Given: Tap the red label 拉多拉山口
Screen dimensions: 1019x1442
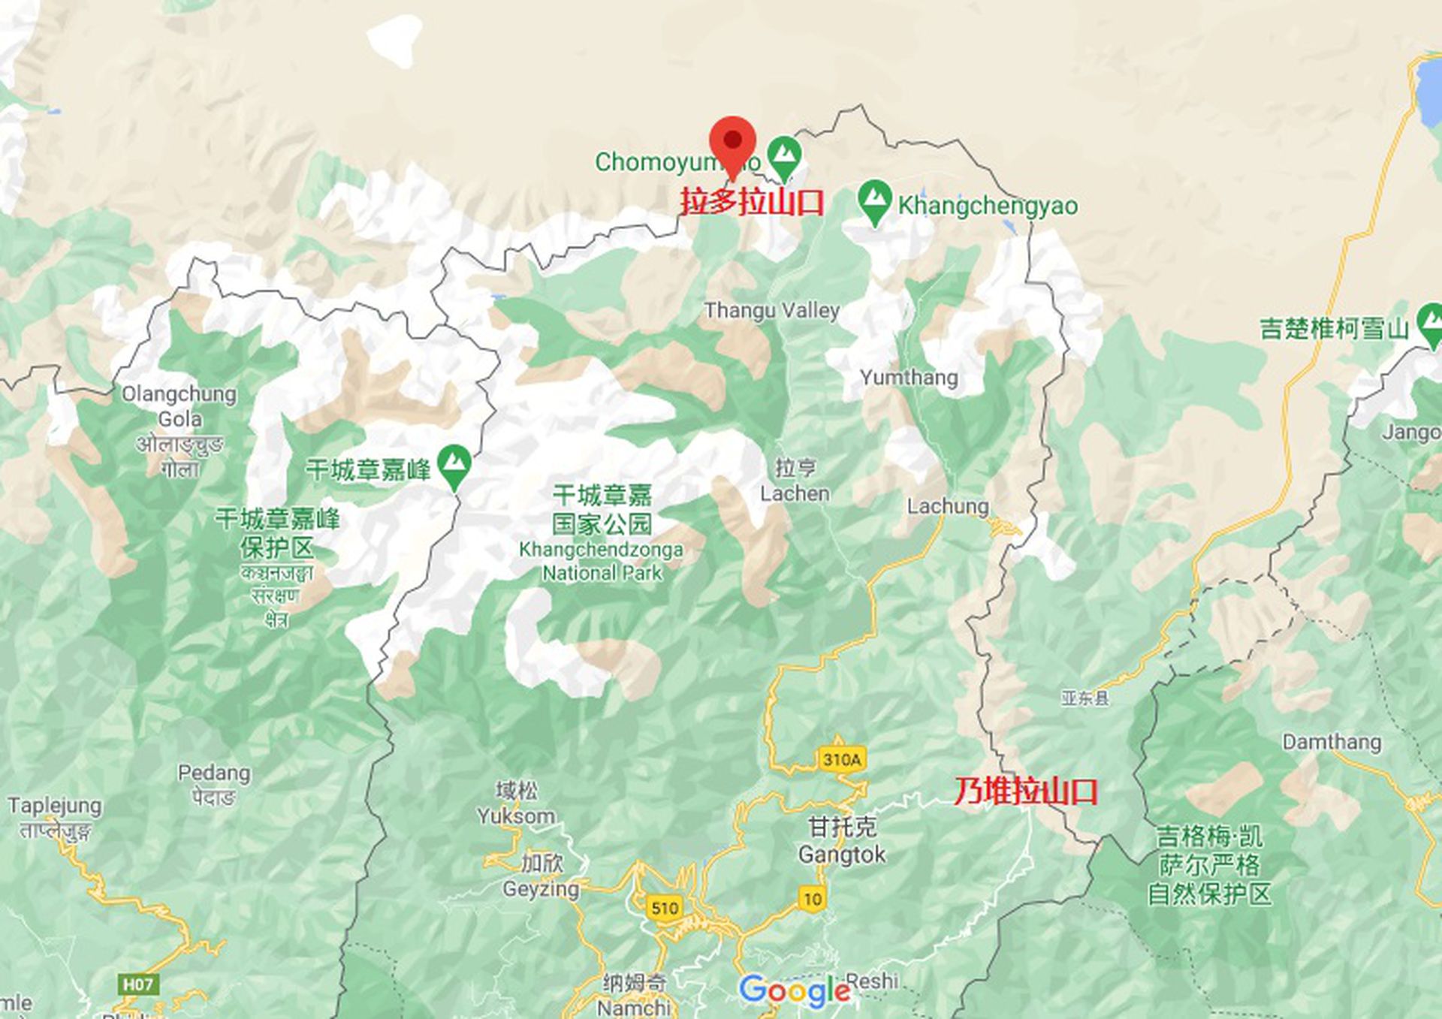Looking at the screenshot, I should [x=752, y=202].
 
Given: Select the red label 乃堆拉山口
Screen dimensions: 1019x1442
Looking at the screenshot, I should [x=1026, y=791].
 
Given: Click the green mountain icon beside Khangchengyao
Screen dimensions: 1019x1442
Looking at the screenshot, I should [x=874, y=200].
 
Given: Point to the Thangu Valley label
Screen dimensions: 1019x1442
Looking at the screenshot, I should [x=772, y=310].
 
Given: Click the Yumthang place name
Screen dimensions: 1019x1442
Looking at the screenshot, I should [x=909, y=377].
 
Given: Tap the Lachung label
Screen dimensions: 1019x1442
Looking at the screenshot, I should [x=948, y=506].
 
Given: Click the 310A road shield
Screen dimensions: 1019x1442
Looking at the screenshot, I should [x=842, y=759].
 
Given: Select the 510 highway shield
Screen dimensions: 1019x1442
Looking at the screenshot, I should [x=665, y=908].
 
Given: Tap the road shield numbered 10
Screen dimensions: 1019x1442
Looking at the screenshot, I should [x=813, y=899].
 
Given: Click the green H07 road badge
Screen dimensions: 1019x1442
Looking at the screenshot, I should [x=138, y=984].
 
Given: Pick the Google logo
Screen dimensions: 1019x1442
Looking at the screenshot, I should [x=795, y=991].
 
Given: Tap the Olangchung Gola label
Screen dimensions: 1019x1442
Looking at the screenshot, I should [x=179, y=406].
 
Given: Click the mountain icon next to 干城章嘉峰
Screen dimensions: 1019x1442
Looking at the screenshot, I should [x=454, y=466].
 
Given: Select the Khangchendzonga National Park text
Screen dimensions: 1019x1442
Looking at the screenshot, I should [x=602, y=561].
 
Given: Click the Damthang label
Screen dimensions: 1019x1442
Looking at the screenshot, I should [x=1332, y=742].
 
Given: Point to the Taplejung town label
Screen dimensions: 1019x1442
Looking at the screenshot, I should [x=55, y=806].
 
